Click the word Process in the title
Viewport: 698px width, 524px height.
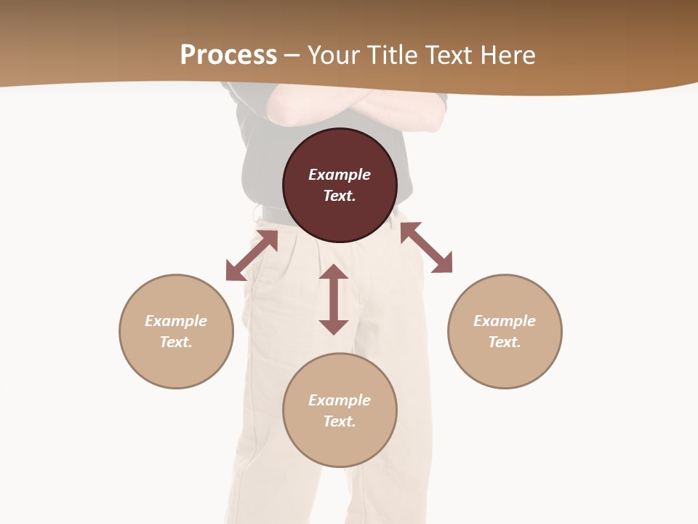coord(228,55)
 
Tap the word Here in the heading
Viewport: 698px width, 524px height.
coord(507,55)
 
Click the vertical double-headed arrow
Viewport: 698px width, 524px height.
coord(334,299)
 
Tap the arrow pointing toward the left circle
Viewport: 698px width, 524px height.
coord(252,255)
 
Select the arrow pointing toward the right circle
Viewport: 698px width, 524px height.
coord(426,247)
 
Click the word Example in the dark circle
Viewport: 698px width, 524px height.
coord(340,175)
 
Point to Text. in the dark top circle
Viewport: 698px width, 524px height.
coord(340,196)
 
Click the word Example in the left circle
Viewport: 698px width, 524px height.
coord(176,321)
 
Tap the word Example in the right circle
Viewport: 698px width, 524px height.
coord(505,321)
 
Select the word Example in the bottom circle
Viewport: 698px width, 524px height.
coord(340,400)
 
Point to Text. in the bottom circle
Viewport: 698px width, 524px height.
coord(340,421)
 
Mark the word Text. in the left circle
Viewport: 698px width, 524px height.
coord(176,342)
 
